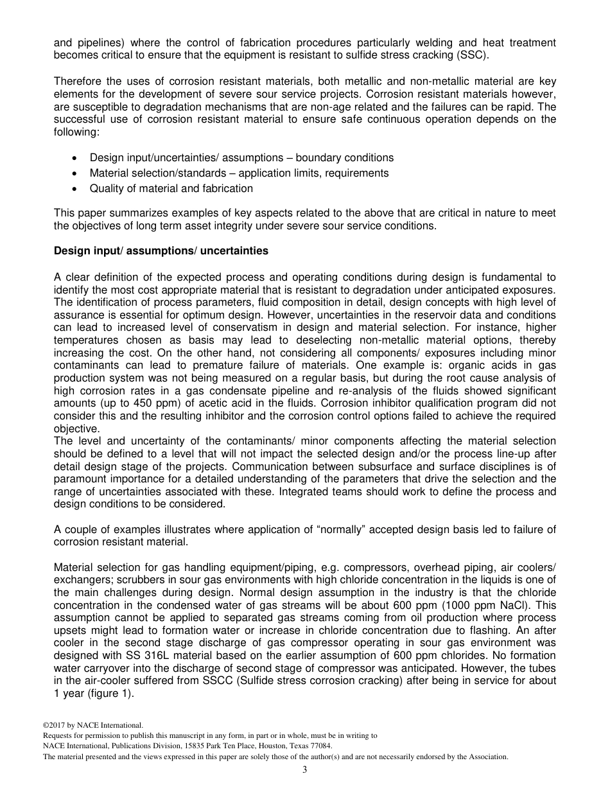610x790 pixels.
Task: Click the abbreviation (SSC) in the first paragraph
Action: tap(474, 55)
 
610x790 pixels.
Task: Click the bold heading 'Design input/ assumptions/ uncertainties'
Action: tap(161, 250)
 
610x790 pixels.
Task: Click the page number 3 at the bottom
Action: tap(304, 770)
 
